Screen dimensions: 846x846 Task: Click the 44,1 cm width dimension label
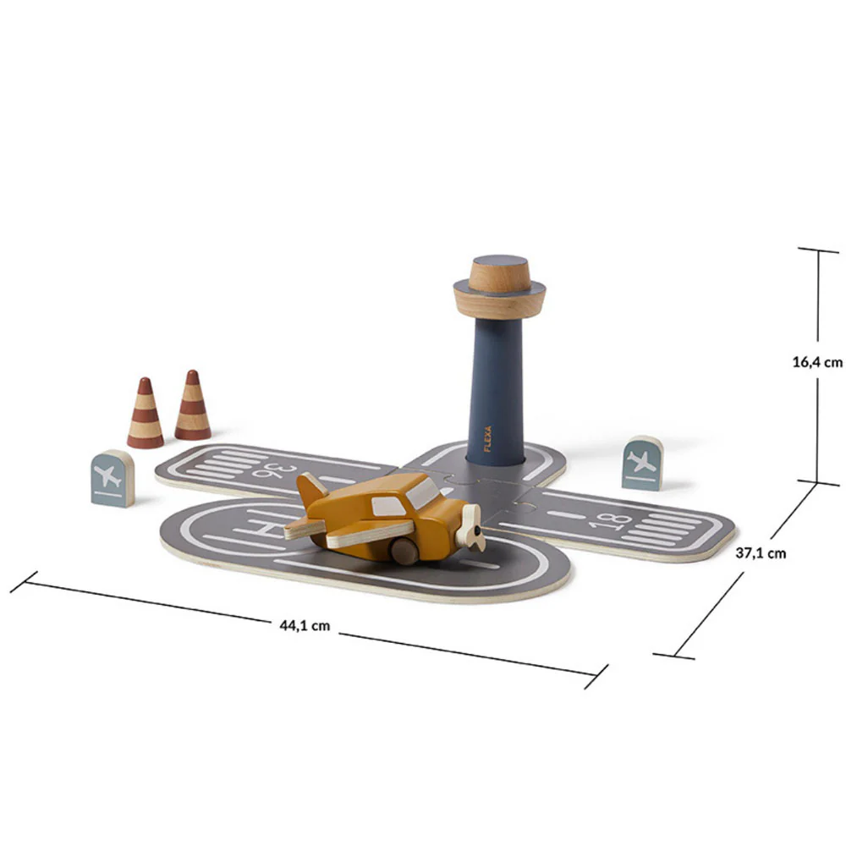tap(305, 625)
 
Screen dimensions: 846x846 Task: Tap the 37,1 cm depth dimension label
tap(761, 553)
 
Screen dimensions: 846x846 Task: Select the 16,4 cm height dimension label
tap(817, 362)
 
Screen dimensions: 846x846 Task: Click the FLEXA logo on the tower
tap(488, 438)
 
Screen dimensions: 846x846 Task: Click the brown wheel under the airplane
tap(404, 551)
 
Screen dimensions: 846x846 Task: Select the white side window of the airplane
tap(388, 507)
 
